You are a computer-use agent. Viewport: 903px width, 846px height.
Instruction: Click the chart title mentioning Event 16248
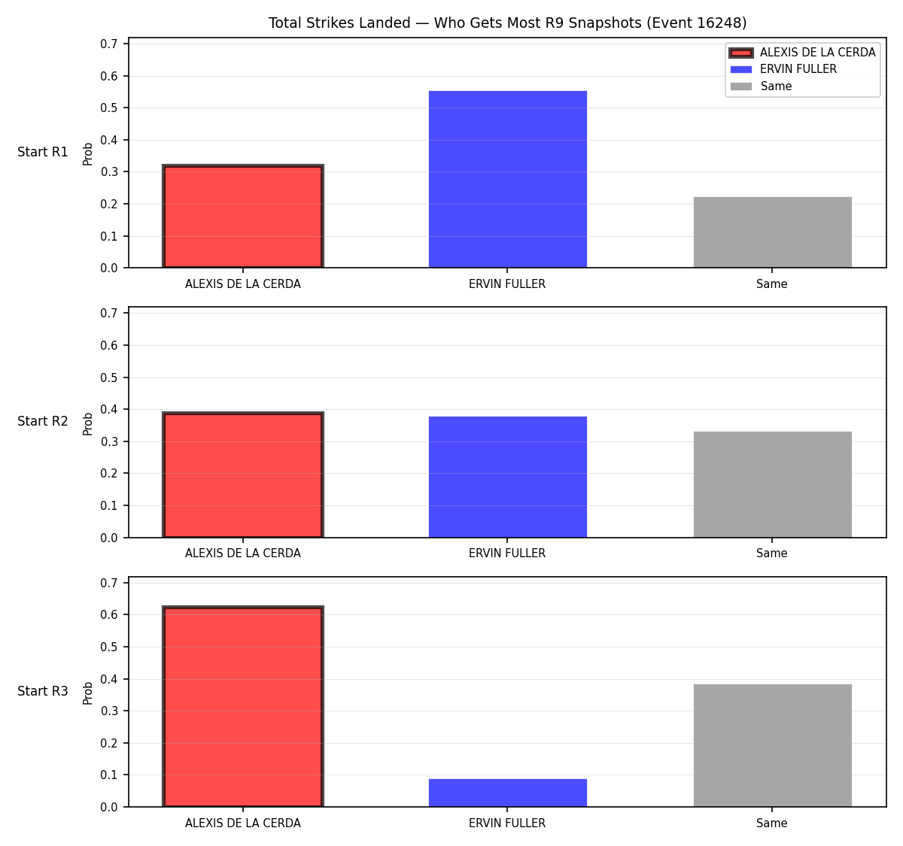point(507,23)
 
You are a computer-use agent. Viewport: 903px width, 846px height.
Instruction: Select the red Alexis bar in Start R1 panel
point(243,216)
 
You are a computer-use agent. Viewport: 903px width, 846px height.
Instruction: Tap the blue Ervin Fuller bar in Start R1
point(507,179)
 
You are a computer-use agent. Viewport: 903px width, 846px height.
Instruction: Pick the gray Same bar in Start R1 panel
point(772,232)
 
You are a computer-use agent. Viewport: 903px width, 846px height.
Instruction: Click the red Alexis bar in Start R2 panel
point(243,475)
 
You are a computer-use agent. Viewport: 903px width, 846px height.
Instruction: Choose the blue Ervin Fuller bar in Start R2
point(507,477)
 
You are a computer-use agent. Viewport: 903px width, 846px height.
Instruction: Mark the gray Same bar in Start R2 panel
point(772,484)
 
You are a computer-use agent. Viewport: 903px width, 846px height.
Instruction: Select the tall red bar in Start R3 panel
point(243,706)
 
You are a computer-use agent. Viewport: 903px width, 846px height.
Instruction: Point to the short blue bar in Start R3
point(507,793)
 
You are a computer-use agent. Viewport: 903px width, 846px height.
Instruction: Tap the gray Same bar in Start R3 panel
point(772,745)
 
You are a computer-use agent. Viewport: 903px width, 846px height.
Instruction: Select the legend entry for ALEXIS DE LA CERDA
point(802,53)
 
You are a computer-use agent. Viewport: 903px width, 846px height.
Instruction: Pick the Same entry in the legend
point(761,86)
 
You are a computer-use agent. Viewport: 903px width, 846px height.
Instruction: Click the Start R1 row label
point(43,152)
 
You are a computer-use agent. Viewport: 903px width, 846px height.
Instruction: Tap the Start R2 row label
point(43,421)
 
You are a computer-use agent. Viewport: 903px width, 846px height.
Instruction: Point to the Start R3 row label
point(43,691)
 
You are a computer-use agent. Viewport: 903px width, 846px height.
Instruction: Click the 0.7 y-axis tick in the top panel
point(108,44)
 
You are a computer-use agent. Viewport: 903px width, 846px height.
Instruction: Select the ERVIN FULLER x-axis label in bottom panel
point(507,823)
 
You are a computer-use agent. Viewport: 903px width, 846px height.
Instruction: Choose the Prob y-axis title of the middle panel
point(88,423)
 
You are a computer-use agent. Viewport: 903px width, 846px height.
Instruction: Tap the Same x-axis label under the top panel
point(771,284)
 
